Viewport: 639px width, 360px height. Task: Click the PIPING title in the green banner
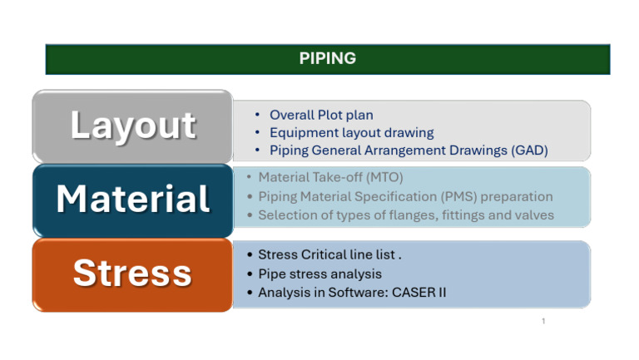point(327,58)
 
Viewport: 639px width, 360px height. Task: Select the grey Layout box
point(132,126)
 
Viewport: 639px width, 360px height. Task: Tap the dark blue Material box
point(132,200)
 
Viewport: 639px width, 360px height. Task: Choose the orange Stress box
point(132,274)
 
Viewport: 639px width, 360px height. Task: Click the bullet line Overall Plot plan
point(321,115)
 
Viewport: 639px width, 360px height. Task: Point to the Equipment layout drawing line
point(351,132)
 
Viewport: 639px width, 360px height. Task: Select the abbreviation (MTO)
point(384,177)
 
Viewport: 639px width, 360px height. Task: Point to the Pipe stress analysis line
point(319,274)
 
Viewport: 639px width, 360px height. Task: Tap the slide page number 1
point(542,321)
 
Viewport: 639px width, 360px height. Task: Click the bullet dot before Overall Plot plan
point(260,115)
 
